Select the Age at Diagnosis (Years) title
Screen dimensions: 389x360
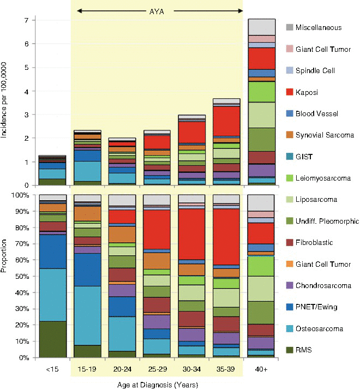[x=157, y=384]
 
